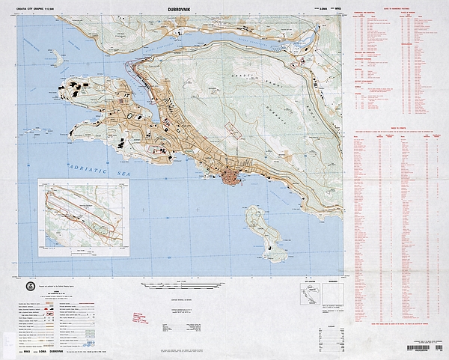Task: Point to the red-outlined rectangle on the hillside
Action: (x=233, y=132)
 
